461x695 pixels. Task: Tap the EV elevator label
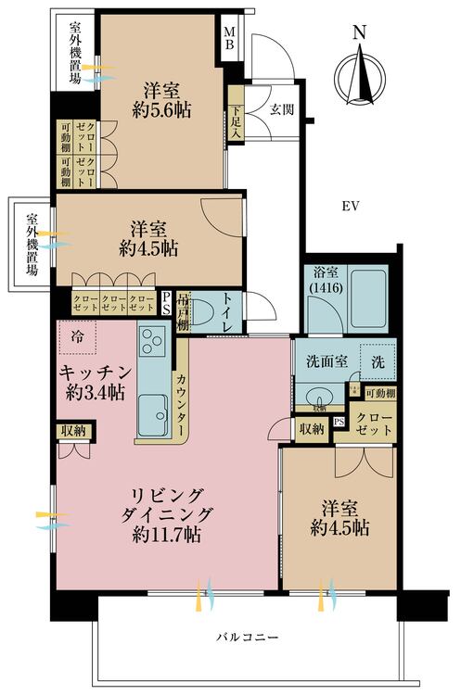349,205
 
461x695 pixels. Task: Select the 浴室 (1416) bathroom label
325,281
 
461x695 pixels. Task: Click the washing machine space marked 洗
378,361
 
